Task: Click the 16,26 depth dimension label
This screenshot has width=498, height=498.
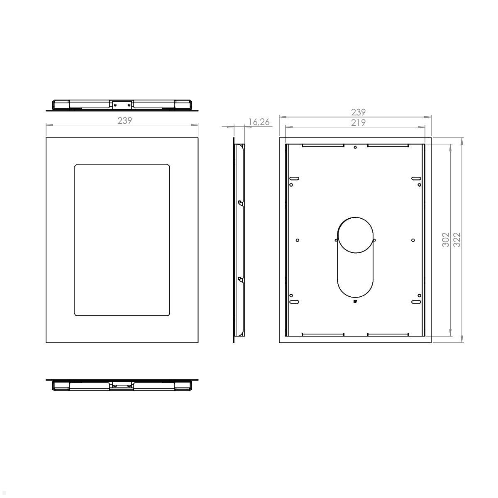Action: (259, 122)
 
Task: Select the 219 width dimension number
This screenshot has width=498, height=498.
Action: (358, 122)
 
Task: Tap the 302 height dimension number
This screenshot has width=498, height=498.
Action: (445, 240)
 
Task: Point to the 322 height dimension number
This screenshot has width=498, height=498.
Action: (457, 240)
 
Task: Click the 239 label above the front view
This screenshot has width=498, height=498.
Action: (125, 120)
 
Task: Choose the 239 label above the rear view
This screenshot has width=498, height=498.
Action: (358, 112)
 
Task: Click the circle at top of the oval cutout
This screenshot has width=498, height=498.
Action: (355, 234)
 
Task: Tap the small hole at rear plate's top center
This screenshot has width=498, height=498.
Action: (355, 147)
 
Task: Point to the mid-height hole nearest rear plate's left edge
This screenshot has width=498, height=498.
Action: (298, 240)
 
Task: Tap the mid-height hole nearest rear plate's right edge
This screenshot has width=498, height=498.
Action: (413, 240)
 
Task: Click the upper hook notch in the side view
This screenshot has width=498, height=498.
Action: (240, 203)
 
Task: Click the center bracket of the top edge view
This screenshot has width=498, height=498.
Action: (122, 105)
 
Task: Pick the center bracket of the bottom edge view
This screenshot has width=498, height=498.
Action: (122, 386)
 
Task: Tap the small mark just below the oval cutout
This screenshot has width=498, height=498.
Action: (355, 302)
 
